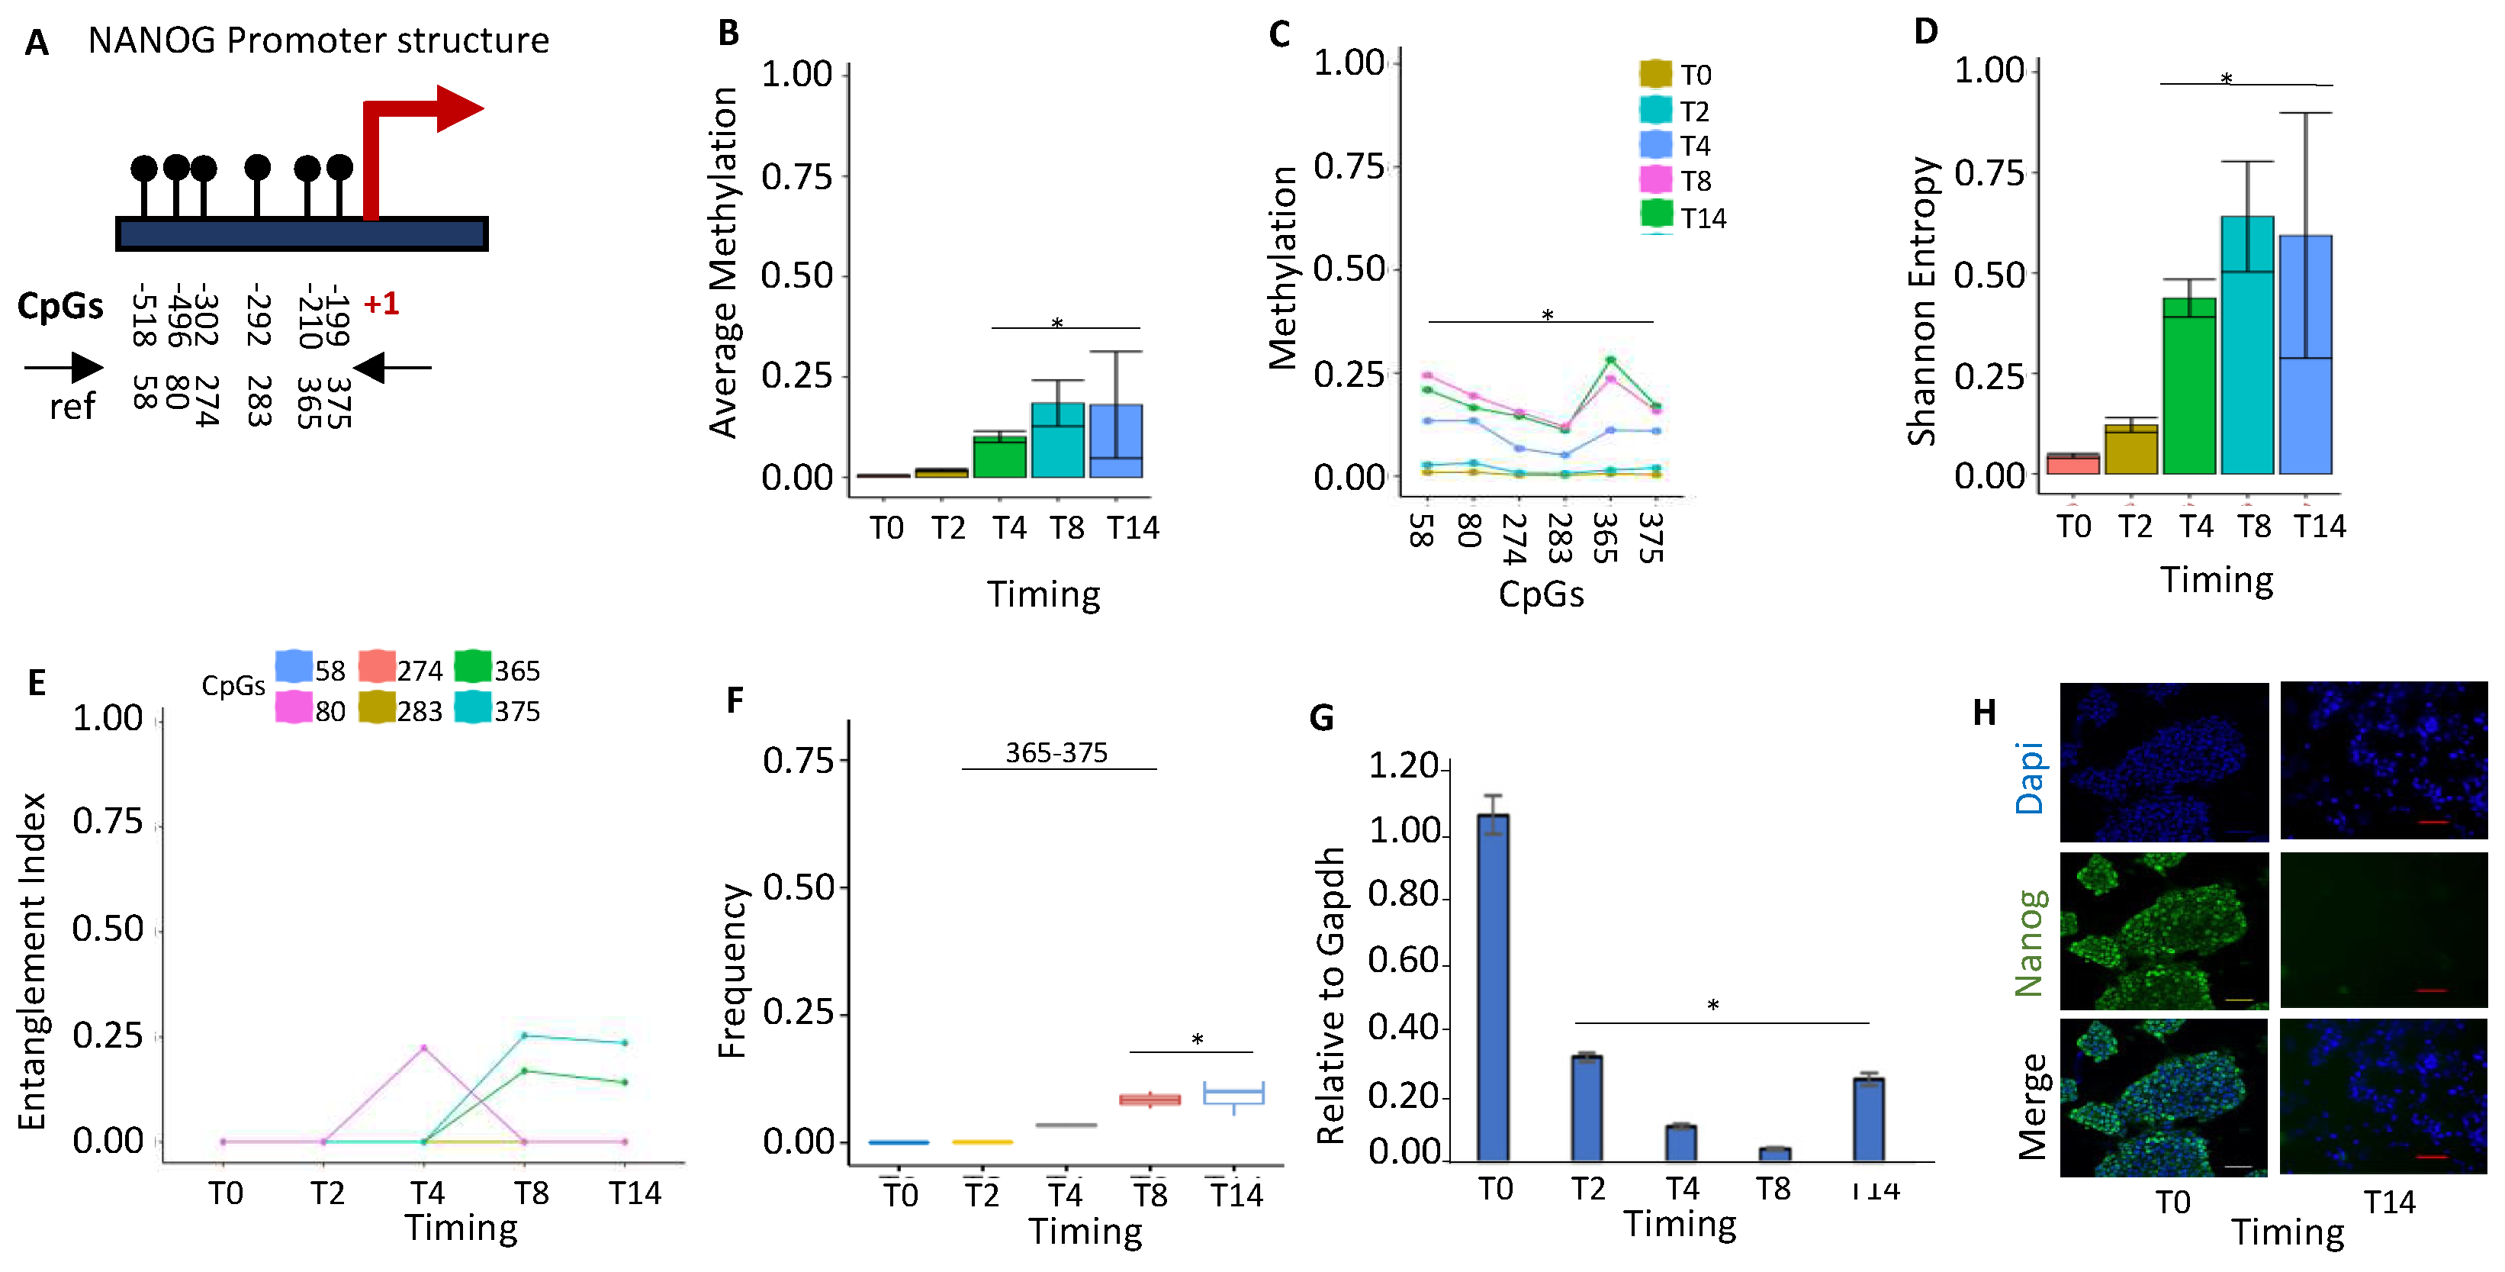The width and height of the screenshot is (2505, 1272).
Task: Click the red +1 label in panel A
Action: coord(381,304)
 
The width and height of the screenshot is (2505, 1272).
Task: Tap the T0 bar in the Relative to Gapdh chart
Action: coord(1493,987)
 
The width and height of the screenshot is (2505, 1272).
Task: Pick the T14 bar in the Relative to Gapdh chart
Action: coord(1868,1119)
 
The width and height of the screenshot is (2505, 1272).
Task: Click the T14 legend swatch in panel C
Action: coord(1656,215)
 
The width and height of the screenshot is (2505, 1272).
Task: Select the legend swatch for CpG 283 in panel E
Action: coord(376,709)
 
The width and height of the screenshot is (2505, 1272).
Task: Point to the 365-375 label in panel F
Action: coord(1056,752)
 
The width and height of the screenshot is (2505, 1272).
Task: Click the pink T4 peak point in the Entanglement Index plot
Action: coord(424,1048)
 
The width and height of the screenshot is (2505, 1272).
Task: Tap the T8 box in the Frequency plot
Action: coord(1150,1100)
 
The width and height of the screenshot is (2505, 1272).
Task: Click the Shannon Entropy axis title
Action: coord(1921,301)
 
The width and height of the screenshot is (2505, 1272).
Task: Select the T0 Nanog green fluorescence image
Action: coord(2164,932)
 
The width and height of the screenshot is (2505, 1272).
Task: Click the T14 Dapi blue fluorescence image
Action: coord(2384,761)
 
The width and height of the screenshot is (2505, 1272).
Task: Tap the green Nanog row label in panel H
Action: coord(2030,943)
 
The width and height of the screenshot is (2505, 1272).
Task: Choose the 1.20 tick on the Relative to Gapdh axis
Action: coord(1404,766)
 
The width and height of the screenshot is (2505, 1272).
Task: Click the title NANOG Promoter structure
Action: coord(318,41)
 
